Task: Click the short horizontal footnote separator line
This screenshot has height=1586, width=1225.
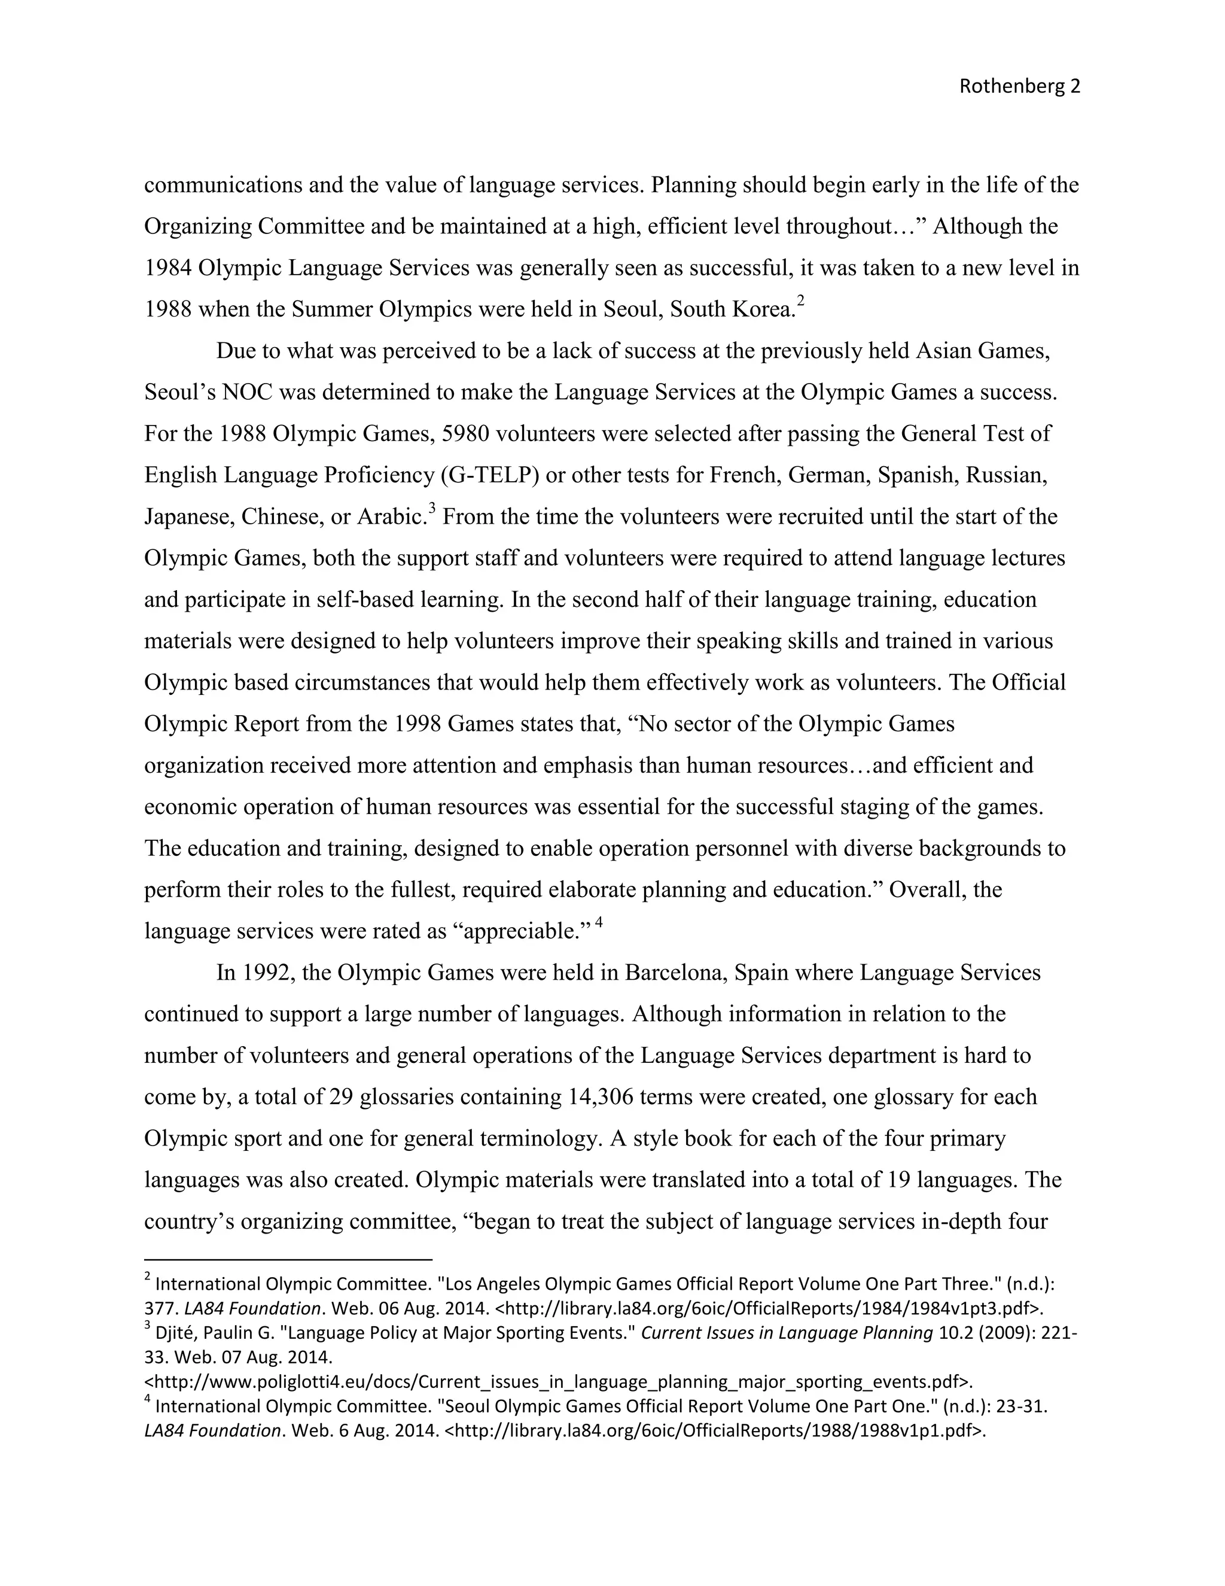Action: (x=288, y=1260)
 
